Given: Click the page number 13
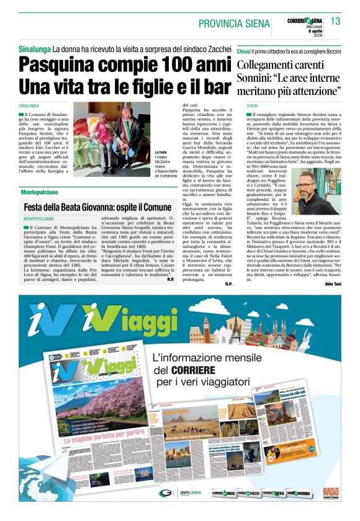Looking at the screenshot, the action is click(x=335, y=22).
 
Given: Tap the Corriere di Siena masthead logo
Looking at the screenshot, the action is click(x=304, y=21).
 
